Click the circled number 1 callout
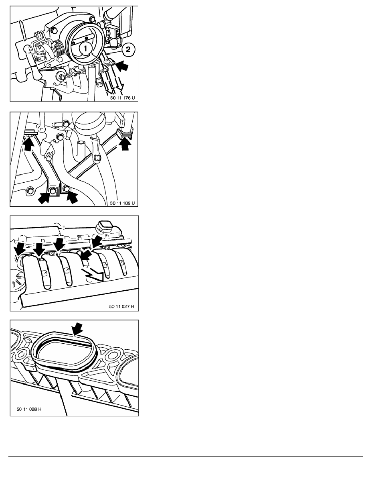[x=85, y=49]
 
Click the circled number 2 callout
[x=128, y=49]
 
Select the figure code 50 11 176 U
[x=122, y=98]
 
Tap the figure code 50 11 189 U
[x=122, y=203]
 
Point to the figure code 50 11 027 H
[x=121, y=306]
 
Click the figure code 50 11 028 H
[x=29, y=409]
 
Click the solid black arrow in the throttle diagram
[x=122, y=65]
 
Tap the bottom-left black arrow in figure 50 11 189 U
[x=44, y=197]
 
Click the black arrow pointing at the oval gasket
[x=77, y=329]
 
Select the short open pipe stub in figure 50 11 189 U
[x=81, y=149]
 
